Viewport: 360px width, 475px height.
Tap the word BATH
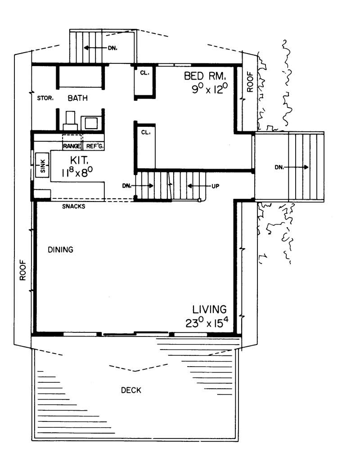pyautogui.click(x=77, y=98)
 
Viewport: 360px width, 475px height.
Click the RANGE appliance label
pyautogui.click(x=72, y=146)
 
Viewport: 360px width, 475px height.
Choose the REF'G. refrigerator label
pyautogui.click(x=92, y=146)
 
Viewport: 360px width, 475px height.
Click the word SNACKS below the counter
pyautogui.click(x=74, y=206)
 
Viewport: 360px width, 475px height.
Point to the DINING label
pyautogui.click(x=60, y=249)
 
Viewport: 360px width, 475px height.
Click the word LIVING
pyautogui.click(x=209, y=309)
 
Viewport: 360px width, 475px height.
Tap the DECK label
pyautogui.click(x=131, y=390)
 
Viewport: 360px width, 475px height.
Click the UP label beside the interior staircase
pyautogui.click(x=215, y=185)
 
